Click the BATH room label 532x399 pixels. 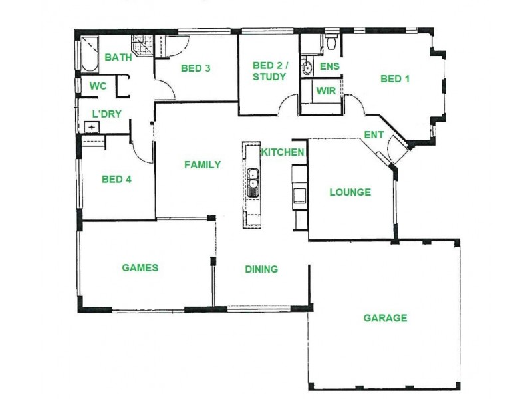[118, 58]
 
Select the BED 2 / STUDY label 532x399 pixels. [269, 71]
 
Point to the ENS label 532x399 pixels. [329, 66]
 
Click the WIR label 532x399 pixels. [326, 90]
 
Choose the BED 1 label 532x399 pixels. [394, 79]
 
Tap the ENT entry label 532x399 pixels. [374, 135]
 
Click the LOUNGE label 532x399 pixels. [350, 192]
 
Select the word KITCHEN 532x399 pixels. [283, 152]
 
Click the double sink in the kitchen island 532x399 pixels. [253, 182]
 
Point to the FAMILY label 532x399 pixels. [202, 165]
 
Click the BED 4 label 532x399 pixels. [117, 179]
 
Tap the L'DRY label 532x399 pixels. [106, 114]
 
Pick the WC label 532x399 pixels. [98, 86]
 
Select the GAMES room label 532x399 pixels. [140, 268]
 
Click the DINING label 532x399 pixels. [261, 269]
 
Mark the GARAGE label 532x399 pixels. [385, 318]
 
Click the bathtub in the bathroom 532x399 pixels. [88, 55]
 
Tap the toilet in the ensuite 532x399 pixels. [331, 45]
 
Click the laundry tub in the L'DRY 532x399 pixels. [90, 127]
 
